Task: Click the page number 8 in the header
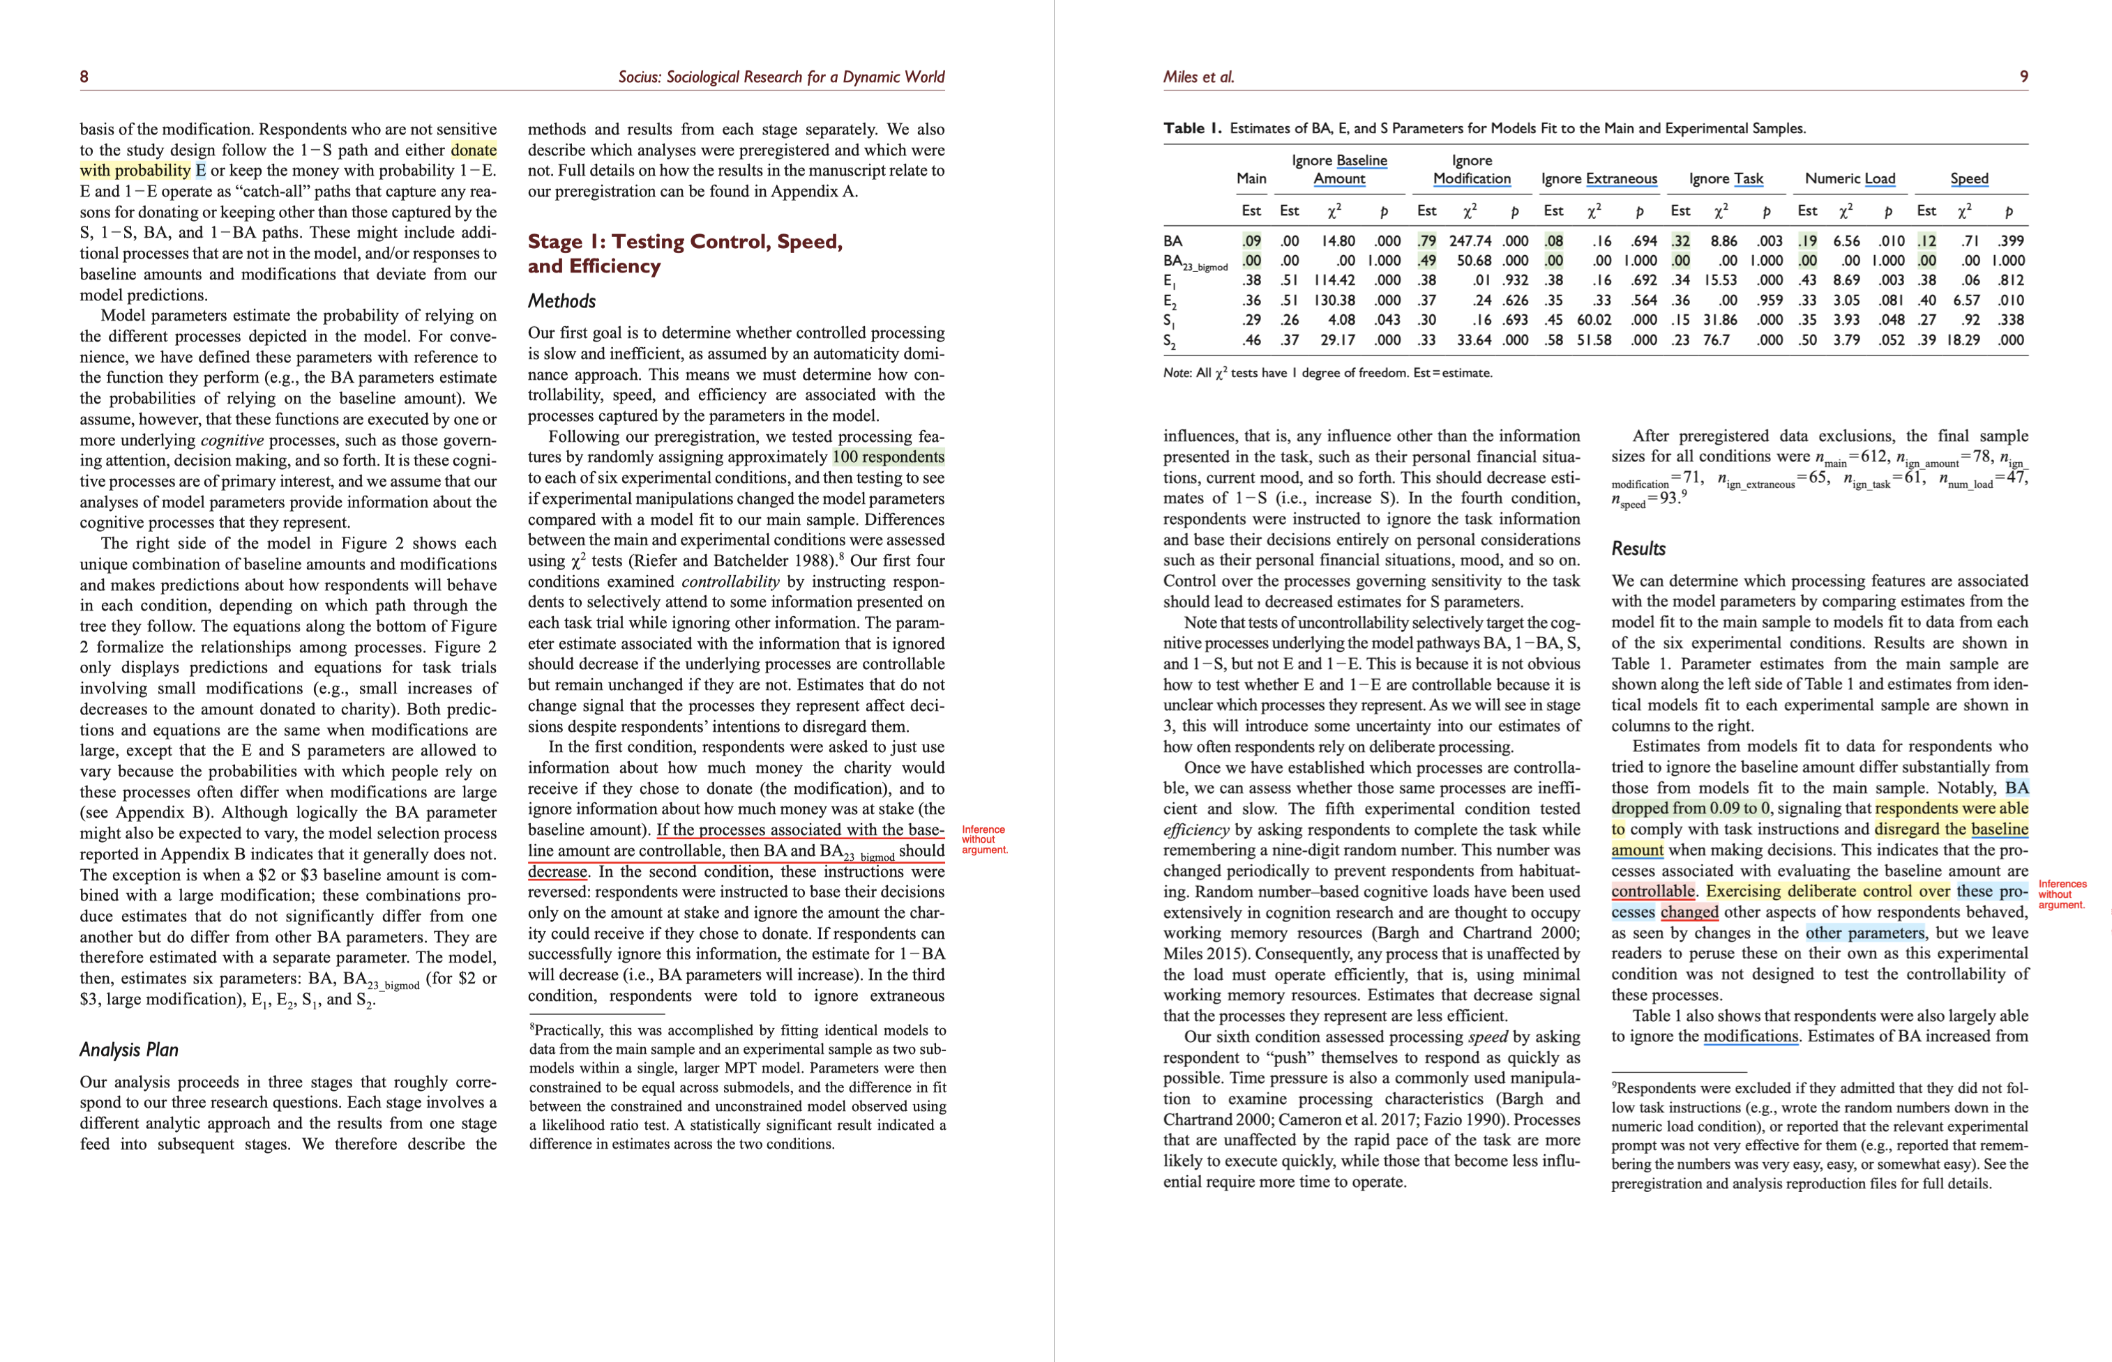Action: [84, 77]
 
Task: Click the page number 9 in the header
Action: [2023, 77]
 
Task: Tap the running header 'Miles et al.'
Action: [1198, 77]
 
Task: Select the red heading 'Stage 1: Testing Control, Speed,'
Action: [685, 241]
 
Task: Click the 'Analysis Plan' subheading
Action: [129, 1050]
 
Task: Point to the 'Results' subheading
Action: [1638, 549]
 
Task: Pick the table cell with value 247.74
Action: [1470, 240]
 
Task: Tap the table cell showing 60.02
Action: [1594, 319]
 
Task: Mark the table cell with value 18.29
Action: [1963, 339]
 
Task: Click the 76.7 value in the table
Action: [1717, 339]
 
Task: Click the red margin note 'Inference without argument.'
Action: [984, 839]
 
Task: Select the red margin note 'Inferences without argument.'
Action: [2062, 894]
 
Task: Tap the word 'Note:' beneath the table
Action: [1177, 373]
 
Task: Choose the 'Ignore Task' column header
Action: [1726, 178]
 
